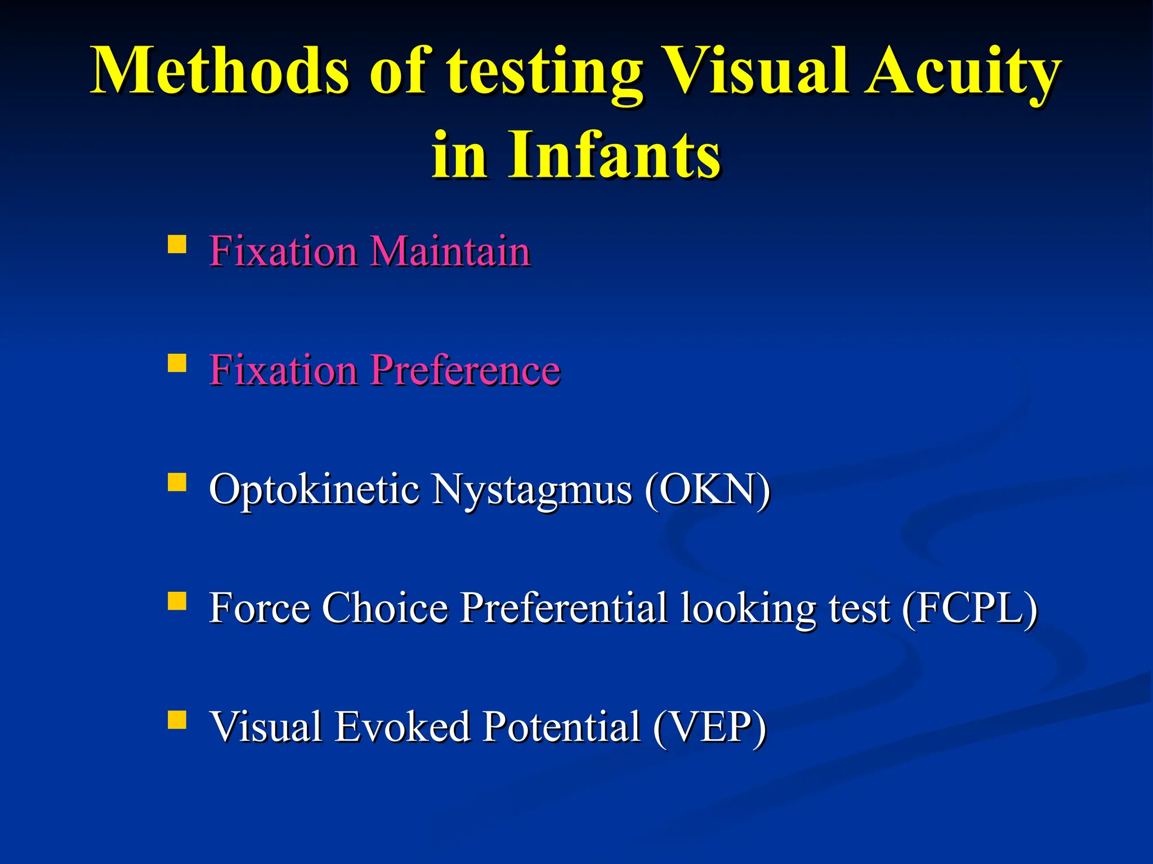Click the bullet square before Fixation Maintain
(x=177, y=245)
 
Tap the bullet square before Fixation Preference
(x=177, y=363)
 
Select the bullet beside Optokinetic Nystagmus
(x=177, y=482)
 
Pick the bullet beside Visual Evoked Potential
(x=177, y=719)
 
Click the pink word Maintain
(x=450, y=251)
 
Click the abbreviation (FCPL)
(x=969, y=608)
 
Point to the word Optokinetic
(x=314, y=489)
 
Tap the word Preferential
(x=563, y=608)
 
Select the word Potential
(x=561, y=727)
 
